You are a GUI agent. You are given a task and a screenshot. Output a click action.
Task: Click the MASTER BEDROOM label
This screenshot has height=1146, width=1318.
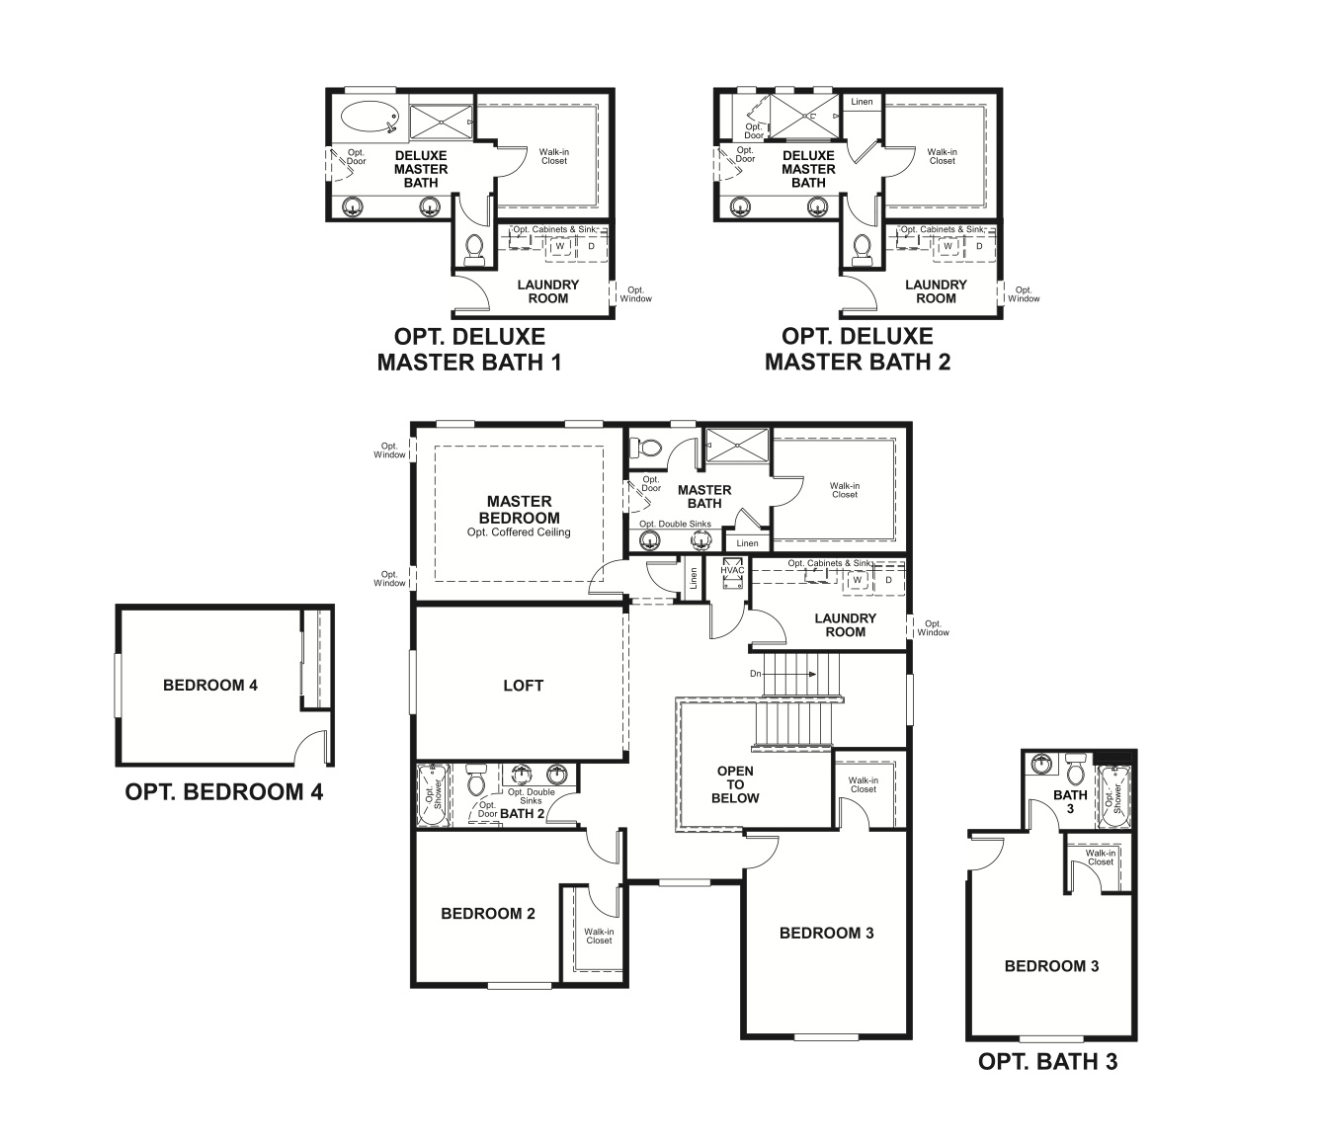pos(519,509)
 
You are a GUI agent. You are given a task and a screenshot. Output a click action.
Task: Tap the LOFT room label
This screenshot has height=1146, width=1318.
pos(523,686)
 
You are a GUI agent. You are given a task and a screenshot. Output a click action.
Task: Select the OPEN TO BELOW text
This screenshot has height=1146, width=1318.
pos(735,784)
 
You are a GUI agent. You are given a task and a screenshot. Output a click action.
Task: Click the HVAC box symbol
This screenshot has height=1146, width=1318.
pos(732,577)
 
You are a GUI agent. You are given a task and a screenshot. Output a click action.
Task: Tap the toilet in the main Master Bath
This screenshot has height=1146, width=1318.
pos(647,448)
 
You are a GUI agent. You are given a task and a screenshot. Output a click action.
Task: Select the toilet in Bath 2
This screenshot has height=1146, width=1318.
pos(476,782)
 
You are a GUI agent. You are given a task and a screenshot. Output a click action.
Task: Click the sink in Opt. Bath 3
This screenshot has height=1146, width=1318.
pos(1041,764)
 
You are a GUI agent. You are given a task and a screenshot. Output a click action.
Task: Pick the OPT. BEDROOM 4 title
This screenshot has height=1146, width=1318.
pos(224,792)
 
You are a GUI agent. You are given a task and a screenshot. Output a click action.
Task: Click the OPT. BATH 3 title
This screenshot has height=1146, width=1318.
pos(1047,1062)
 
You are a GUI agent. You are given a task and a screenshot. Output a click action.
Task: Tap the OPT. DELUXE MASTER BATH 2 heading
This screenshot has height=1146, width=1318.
pos(857,350)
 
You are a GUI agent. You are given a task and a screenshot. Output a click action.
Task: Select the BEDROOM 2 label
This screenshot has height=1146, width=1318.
pos(488,914)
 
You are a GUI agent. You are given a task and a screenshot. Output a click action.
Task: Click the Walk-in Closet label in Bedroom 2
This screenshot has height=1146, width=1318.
pos(599,936)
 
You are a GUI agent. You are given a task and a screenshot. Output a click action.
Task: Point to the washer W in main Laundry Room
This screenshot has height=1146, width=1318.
pos(858,579)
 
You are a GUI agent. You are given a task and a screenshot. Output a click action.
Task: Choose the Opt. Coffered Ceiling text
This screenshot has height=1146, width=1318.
pos(519,532)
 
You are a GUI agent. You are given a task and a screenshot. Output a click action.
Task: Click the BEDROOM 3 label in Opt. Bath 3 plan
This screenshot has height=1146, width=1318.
pos(1051,966)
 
